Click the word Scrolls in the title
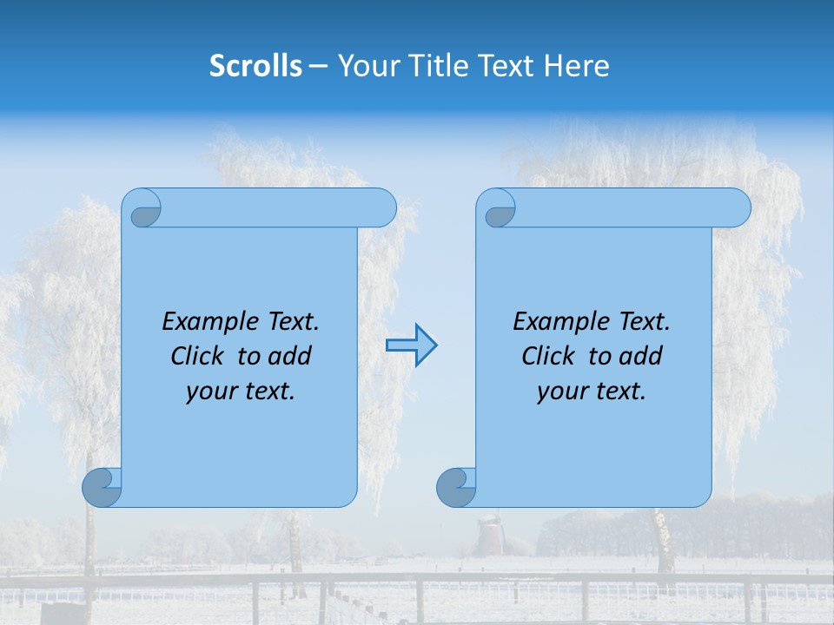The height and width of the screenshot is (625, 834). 255,66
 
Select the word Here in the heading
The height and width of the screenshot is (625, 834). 576,66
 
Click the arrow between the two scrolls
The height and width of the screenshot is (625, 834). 411,345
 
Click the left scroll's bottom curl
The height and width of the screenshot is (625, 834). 103,487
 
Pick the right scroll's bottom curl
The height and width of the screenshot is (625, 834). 456,487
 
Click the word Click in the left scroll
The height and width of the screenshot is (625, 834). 196,356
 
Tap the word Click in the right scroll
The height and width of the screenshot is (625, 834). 547,356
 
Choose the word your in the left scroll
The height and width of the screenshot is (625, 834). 209,391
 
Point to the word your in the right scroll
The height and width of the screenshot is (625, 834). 560,391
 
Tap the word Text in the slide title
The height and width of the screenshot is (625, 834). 506,66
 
